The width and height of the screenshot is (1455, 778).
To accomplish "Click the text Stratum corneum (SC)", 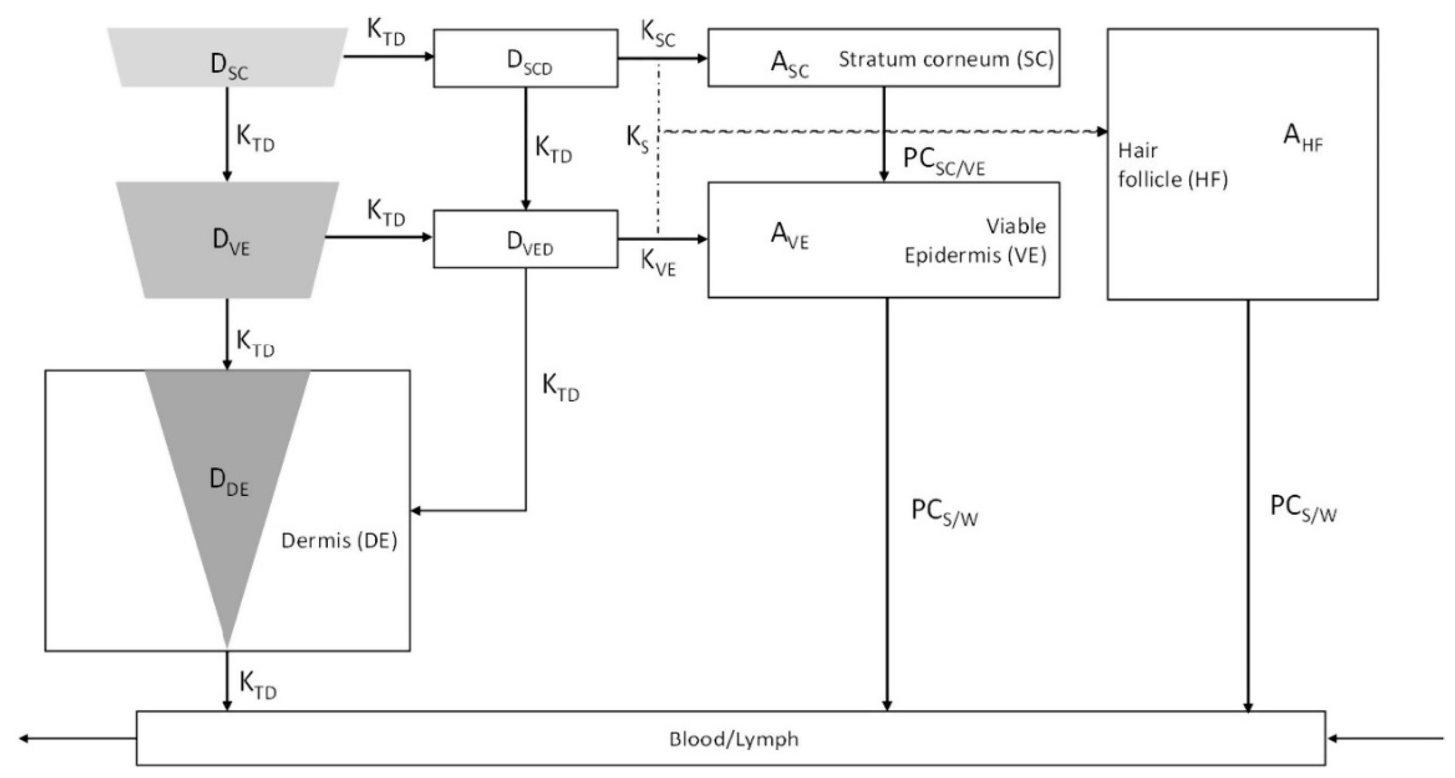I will tap(945, 59).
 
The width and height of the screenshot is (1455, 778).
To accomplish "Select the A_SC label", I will tap(788, 64).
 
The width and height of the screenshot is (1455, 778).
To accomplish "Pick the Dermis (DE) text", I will tap(339, 541).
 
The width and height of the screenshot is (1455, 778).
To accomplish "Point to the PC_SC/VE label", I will tap(943, 161).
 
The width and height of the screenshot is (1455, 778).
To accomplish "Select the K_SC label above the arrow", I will tap(657, 34).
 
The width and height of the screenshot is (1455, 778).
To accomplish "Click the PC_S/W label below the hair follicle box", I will tap(1303, 509).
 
